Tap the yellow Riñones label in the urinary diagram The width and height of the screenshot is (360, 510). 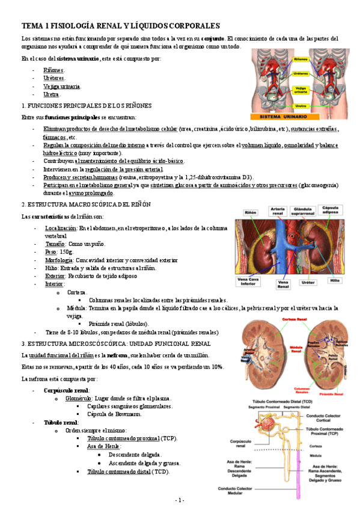point(301,60)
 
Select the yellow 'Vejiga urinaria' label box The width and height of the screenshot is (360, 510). point(301,90)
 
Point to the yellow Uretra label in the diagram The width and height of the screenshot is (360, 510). point(301,105)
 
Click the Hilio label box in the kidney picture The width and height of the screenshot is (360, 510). point(335,280)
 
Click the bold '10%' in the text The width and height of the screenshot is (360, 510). point(217,367)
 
